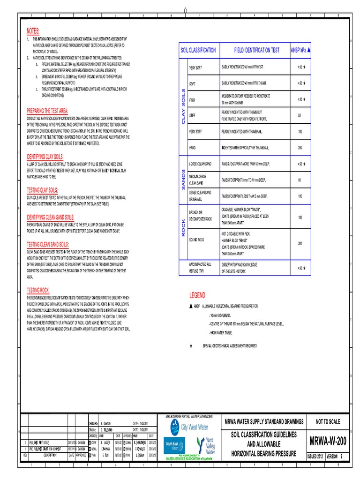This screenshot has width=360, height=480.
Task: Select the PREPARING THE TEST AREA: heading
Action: pyautogui.click(x=47, y=111)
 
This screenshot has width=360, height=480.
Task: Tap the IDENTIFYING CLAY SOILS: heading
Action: pyautogui.click(x=45, y=156)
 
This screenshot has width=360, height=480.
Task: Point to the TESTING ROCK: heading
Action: pyautogui.click(x=38, y=290)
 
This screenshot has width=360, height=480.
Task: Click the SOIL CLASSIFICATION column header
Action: pyautogui.click(x=198, y=50)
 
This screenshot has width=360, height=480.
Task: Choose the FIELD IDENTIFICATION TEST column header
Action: pyautogui.click(x=256, y=50)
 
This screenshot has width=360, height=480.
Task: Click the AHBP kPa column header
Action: pyautogui.click(x=300, y=50)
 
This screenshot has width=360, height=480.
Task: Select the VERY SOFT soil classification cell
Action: pyautogui.click(x=195, y=68)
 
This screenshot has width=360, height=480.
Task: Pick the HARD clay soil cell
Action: pyautogui.click(x=192, y=148)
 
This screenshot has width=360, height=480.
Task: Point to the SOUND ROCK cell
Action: pyautogui.click(x=196, y=240)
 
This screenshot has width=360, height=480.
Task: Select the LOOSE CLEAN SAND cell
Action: pyautogui.click(x=200, y=164)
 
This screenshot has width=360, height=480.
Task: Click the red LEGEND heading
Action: pyautogui.click(x=197, y=295)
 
